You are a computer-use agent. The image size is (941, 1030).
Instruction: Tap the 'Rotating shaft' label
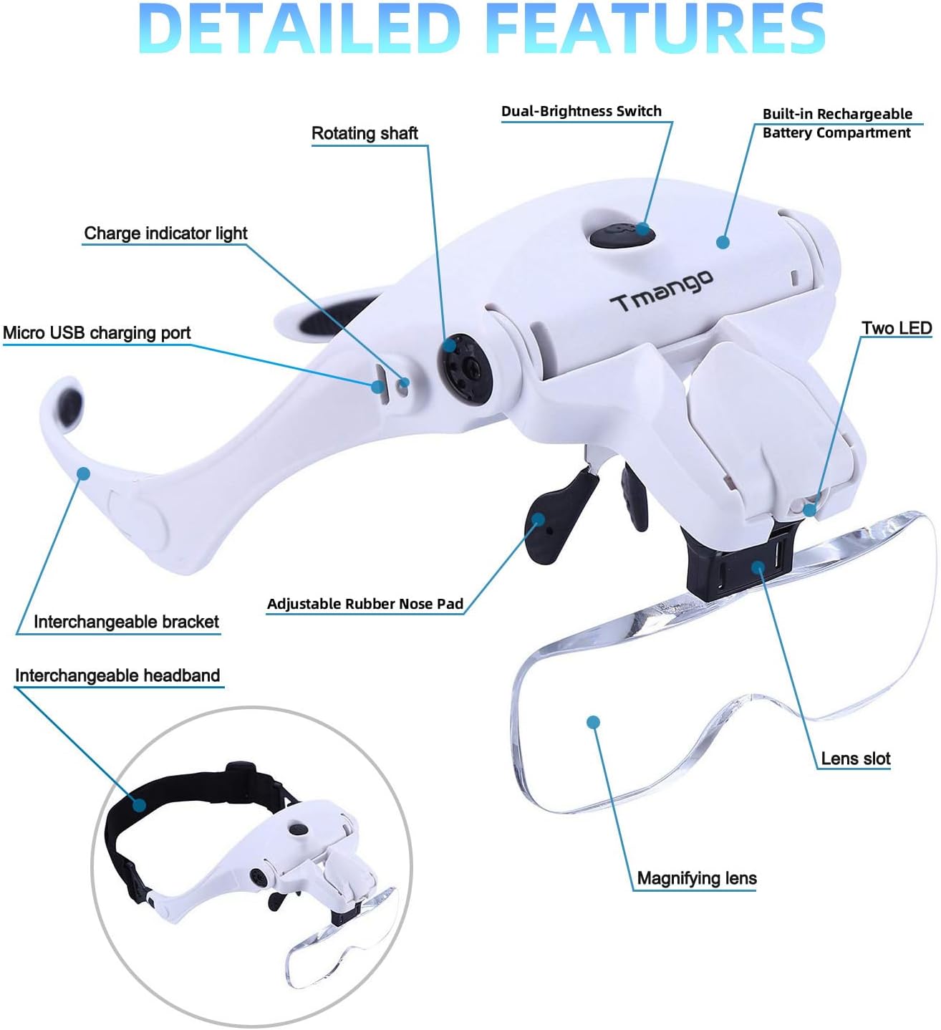365,134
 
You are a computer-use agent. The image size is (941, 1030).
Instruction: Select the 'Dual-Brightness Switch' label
581,111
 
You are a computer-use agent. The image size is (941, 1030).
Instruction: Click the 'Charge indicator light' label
165,234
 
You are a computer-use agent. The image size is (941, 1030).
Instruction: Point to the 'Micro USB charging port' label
97,333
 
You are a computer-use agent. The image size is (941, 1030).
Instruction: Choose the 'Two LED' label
897,328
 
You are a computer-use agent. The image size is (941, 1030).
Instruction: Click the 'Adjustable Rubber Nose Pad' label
365,604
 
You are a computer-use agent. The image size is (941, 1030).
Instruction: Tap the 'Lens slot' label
855,759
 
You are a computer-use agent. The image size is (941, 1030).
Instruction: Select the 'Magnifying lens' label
696,878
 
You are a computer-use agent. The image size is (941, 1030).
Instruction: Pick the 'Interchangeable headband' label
117,675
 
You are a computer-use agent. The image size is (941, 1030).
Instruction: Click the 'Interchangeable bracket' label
126,622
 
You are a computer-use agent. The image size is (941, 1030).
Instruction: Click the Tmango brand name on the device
662,290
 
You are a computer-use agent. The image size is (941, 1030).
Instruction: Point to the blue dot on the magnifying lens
593,722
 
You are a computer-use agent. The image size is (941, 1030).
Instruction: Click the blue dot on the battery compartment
723,242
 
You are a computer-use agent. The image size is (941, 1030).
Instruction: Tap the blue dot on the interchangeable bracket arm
84,473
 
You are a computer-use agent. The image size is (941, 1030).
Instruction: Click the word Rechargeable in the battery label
864,115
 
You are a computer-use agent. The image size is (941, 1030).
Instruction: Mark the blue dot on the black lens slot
758,568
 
